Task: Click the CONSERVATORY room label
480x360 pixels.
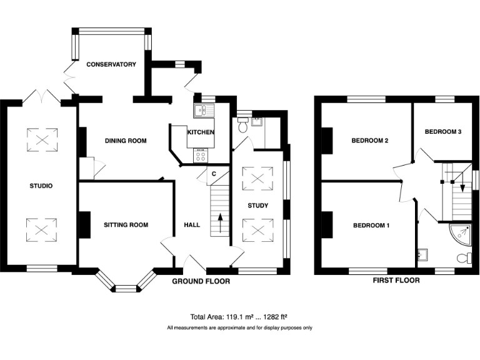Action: (111, 64)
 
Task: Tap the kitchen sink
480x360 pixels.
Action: (204, 111)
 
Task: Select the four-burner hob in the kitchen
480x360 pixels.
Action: (201, 156)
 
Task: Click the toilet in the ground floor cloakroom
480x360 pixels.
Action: (243, 125)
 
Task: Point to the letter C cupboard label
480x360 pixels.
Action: (214, 174)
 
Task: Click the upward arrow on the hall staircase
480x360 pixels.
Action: (220, 224)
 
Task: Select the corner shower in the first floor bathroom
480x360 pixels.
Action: (460, 234)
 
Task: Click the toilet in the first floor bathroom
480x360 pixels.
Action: (464, 257)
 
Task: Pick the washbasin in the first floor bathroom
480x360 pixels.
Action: (422, 255)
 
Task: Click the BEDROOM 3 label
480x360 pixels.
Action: (443, 132)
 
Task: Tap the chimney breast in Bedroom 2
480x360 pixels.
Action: (327, 141)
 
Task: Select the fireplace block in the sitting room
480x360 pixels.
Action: (85, 225)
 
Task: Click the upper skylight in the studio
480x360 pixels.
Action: (42, 140)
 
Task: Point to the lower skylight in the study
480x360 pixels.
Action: (257, 230)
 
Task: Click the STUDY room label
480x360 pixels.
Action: (257, 206)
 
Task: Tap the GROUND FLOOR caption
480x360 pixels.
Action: (201, 281)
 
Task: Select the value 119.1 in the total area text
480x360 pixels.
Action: (234, 317)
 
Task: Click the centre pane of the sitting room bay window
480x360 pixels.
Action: (126, 289)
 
